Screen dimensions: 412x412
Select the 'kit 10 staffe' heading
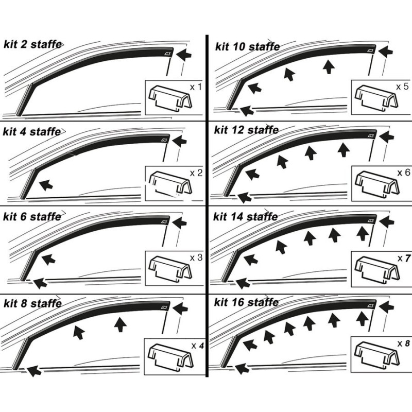coord(247,47)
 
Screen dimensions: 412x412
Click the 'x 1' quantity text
coord(195,87)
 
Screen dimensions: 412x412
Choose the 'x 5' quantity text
coord(403,86)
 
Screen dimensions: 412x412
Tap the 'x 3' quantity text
coord(195,256)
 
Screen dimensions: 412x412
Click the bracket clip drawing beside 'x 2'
coord(167,183)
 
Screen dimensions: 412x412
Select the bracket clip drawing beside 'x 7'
coord(375,268)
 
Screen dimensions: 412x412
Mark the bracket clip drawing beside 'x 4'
coord(167,354)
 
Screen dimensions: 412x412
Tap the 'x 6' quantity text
coord(403,172)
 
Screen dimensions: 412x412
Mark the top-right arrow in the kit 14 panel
coord(387,222)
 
